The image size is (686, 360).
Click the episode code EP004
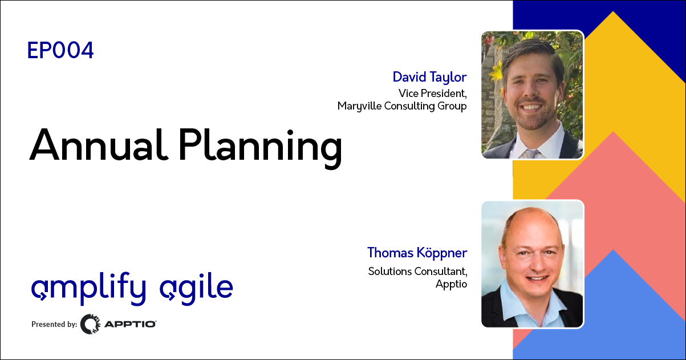[60, 50]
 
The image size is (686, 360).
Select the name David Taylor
[429, 77]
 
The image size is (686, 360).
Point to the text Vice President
[432, 93]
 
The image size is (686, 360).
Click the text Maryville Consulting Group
[402, 106]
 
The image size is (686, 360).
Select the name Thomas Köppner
[417, 253]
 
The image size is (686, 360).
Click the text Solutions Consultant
[418, 272]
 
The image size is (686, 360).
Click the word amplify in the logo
[89, 288]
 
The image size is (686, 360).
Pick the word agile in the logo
[196, 289]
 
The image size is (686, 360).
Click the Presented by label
[54, 324]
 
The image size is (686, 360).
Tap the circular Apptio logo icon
[90, 324]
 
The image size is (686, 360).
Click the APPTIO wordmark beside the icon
[130, 324]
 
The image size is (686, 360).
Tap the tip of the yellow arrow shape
[613, 11]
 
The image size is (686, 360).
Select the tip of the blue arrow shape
[613, 250]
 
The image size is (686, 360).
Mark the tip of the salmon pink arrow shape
[613, 131]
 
